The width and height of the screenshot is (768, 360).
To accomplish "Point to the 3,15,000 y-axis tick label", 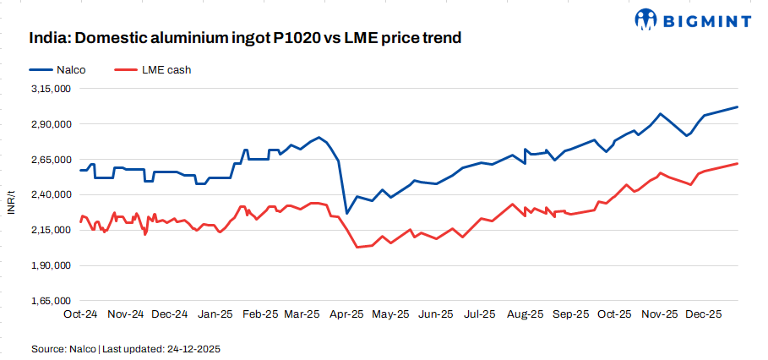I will [52, 89].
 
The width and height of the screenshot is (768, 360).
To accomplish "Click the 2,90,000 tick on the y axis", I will [52, 124].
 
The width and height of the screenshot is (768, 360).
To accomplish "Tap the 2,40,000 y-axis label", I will [52, 194].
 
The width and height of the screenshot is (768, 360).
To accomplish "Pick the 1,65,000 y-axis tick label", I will [52, 301].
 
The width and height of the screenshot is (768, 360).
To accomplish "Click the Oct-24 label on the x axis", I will [81, 314].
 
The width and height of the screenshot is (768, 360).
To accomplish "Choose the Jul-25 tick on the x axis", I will [481, 314].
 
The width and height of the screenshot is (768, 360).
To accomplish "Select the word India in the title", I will [47, 38].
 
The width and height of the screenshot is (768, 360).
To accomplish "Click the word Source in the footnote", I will [48, 348].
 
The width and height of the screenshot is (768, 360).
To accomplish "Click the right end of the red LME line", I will [738, 163].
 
